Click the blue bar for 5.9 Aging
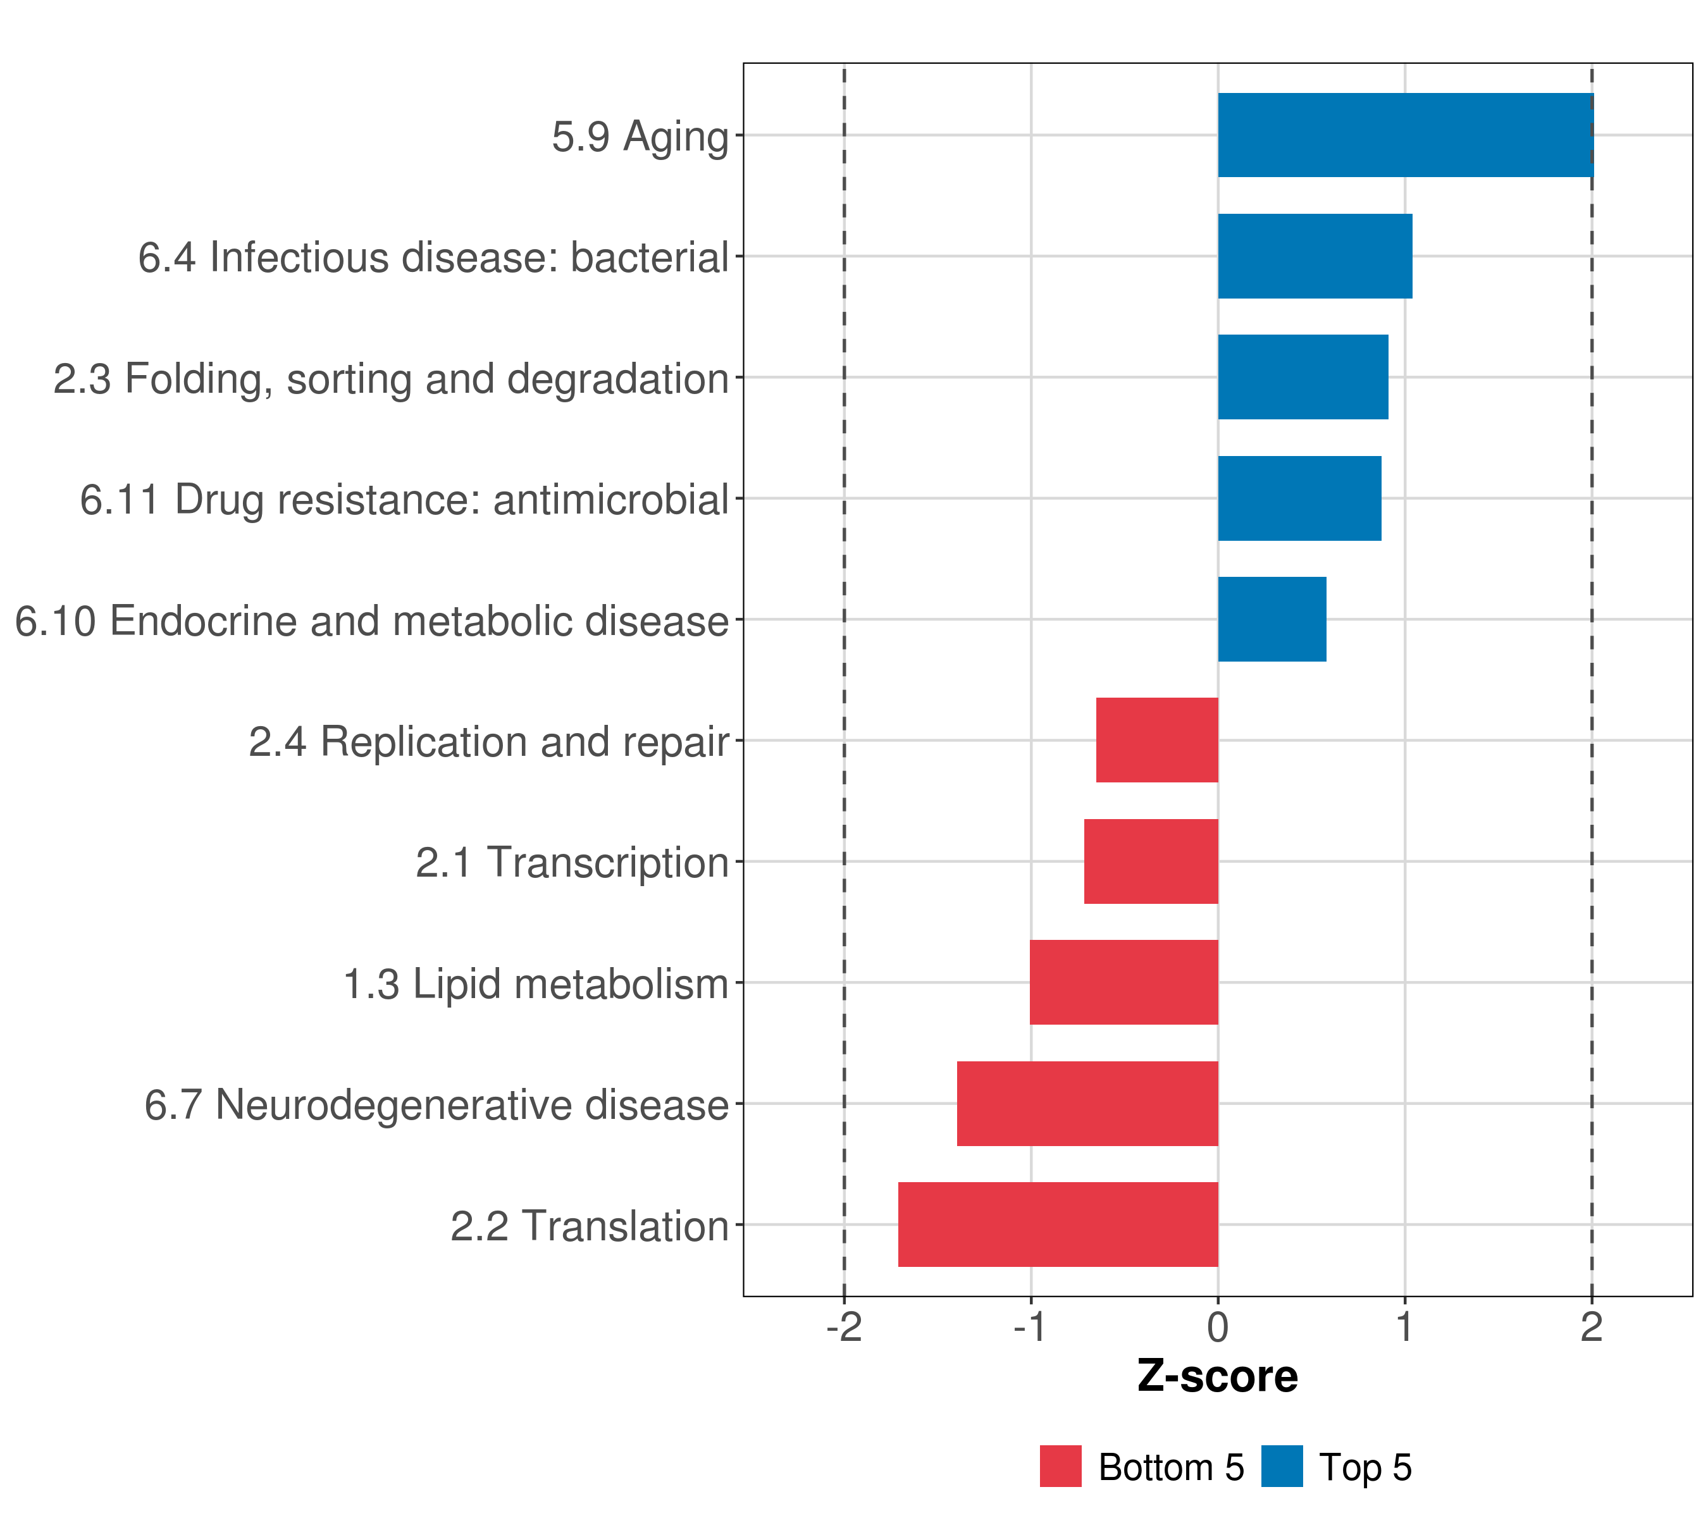pos(1406,135)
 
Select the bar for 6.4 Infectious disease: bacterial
pos(1315,257)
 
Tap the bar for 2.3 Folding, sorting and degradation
pos(1304,377)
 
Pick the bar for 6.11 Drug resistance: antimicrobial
pos(1299,498)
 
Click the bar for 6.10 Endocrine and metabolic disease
pos(1272,619)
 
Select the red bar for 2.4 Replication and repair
pos(1158,740)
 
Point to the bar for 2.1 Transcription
pos(1151,861)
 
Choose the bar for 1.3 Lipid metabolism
pos(1124,982)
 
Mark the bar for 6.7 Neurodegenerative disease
pos(1088,1104)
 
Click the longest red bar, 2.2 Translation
pos(1059,1225)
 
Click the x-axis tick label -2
pos(844,1328)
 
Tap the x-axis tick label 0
pos(1218,1328)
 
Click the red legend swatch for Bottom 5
pos(1060,1466)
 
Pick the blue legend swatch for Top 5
pos(1282,1466)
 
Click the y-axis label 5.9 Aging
pos(641,137)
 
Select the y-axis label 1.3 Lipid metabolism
pos(536,985)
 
